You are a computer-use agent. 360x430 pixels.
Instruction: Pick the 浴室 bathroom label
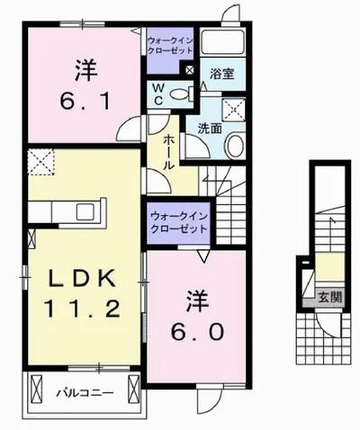(222, 75)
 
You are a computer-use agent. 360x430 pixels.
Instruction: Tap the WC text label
(158, 93)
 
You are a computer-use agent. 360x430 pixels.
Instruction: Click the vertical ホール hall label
(170, 153)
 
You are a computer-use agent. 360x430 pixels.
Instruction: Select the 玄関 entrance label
(328, 296)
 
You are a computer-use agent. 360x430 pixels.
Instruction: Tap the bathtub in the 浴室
(223, 43)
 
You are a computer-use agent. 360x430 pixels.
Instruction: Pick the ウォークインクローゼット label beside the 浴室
(169, 46)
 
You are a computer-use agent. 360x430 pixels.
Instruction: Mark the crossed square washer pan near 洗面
(237, 110)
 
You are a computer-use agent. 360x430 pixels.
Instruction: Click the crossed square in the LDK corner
(41, 163)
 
